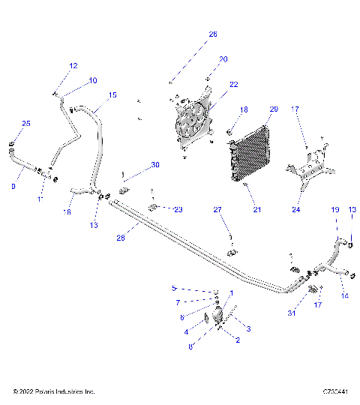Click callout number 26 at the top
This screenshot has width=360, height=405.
[x=212, y=34]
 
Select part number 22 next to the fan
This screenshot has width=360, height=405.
[x=233, y=84]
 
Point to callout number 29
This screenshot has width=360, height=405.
[x=274, y=109]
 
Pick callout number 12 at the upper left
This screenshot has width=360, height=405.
[x=73, y=66]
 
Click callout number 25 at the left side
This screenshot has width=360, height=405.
[x=26, y=123]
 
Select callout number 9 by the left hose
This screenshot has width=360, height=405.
[x=14, y=185]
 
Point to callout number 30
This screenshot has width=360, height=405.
[x=154, y=164]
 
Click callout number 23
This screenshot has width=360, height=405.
[x=178, y=209]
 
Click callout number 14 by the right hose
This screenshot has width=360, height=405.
[x=345, y=296]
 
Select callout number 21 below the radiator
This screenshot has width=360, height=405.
[x=257, y=210]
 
